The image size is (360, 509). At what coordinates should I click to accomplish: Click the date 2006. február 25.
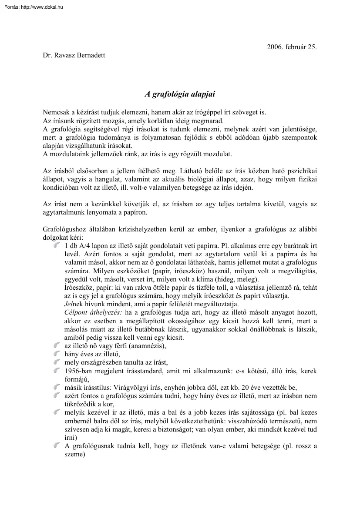pos(291,47)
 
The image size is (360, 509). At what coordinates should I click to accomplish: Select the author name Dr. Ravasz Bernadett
pos(74,55)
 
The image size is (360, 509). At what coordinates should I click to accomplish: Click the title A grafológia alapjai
pos(180,94)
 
